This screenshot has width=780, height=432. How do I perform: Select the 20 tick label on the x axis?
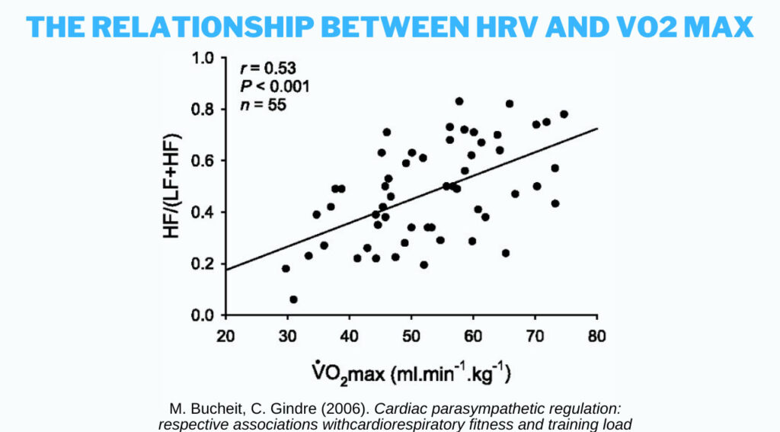225,336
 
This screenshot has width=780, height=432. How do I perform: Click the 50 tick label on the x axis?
411,336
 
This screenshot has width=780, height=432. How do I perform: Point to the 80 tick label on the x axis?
597,336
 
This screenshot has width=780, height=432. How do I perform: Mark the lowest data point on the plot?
293,299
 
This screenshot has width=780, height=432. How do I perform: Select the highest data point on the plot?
459,101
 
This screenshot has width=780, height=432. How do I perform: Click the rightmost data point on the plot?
564,114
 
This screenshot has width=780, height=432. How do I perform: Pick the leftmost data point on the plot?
286,268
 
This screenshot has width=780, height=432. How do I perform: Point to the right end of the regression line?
597,128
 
